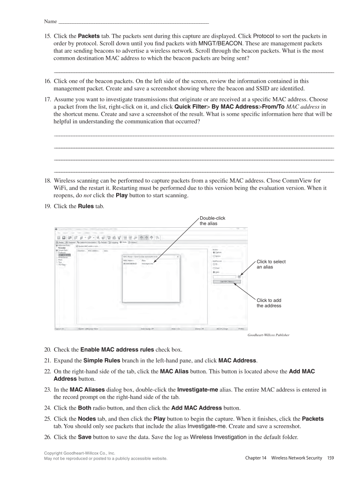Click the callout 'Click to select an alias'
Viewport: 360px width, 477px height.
(x=271, y=264)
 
